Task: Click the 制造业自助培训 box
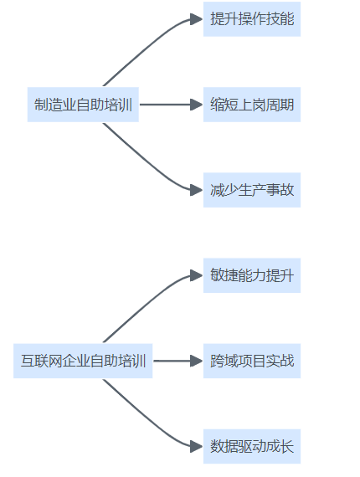tap(83, 105)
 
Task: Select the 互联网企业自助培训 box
tap(83, 361)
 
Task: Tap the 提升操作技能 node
tap(252, 19)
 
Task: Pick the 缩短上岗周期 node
tap(252, 105)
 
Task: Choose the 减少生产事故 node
tap(252, 190)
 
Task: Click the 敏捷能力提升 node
tap(252, 275)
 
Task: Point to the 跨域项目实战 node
tap(252, 361)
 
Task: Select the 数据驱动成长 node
tap(252, 447)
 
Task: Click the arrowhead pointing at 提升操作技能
tap(196, 19)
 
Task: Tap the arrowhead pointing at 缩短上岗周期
tap(196, 105)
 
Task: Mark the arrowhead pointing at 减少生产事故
tap(196, 190)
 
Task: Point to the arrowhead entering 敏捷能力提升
tap(196, 275)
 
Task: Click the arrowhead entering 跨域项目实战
tap(196, 361)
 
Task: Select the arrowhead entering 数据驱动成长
tap(196, 447)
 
